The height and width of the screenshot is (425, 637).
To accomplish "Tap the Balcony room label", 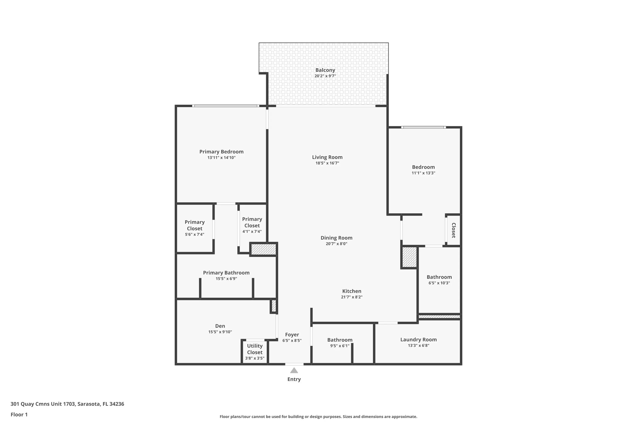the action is (325, 70).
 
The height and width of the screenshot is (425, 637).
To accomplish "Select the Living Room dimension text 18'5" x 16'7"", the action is (327, 163).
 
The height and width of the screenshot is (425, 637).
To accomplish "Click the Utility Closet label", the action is (255, 349).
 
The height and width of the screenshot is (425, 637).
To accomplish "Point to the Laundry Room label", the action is (419, 340).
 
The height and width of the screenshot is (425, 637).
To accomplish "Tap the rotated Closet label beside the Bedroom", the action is (454, 230).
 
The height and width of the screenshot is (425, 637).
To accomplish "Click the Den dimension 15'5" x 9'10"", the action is (220, 332).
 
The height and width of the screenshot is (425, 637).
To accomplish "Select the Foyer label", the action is (292, 335).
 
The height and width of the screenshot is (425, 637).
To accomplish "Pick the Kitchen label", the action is (352, 291).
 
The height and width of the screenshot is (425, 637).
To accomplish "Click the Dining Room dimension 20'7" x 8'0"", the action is (336, 244).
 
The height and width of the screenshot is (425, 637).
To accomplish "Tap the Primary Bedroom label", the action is (221, 152).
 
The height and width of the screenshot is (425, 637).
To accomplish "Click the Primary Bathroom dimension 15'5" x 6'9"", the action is (226, 279).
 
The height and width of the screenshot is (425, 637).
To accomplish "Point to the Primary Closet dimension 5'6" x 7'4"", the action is (194, 234).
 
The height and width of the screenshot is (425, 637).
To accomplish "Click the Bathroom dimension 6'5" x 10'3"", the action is (439, 283).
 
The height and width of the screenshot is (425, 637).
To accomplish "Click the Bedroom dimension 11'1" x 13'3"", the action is (423, 173).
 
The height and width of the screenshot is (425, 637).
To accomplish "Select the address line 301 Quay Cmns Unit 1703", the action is (42, 404).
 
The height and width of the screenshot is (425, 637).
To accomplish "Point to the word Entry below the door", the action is (294, 379).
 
